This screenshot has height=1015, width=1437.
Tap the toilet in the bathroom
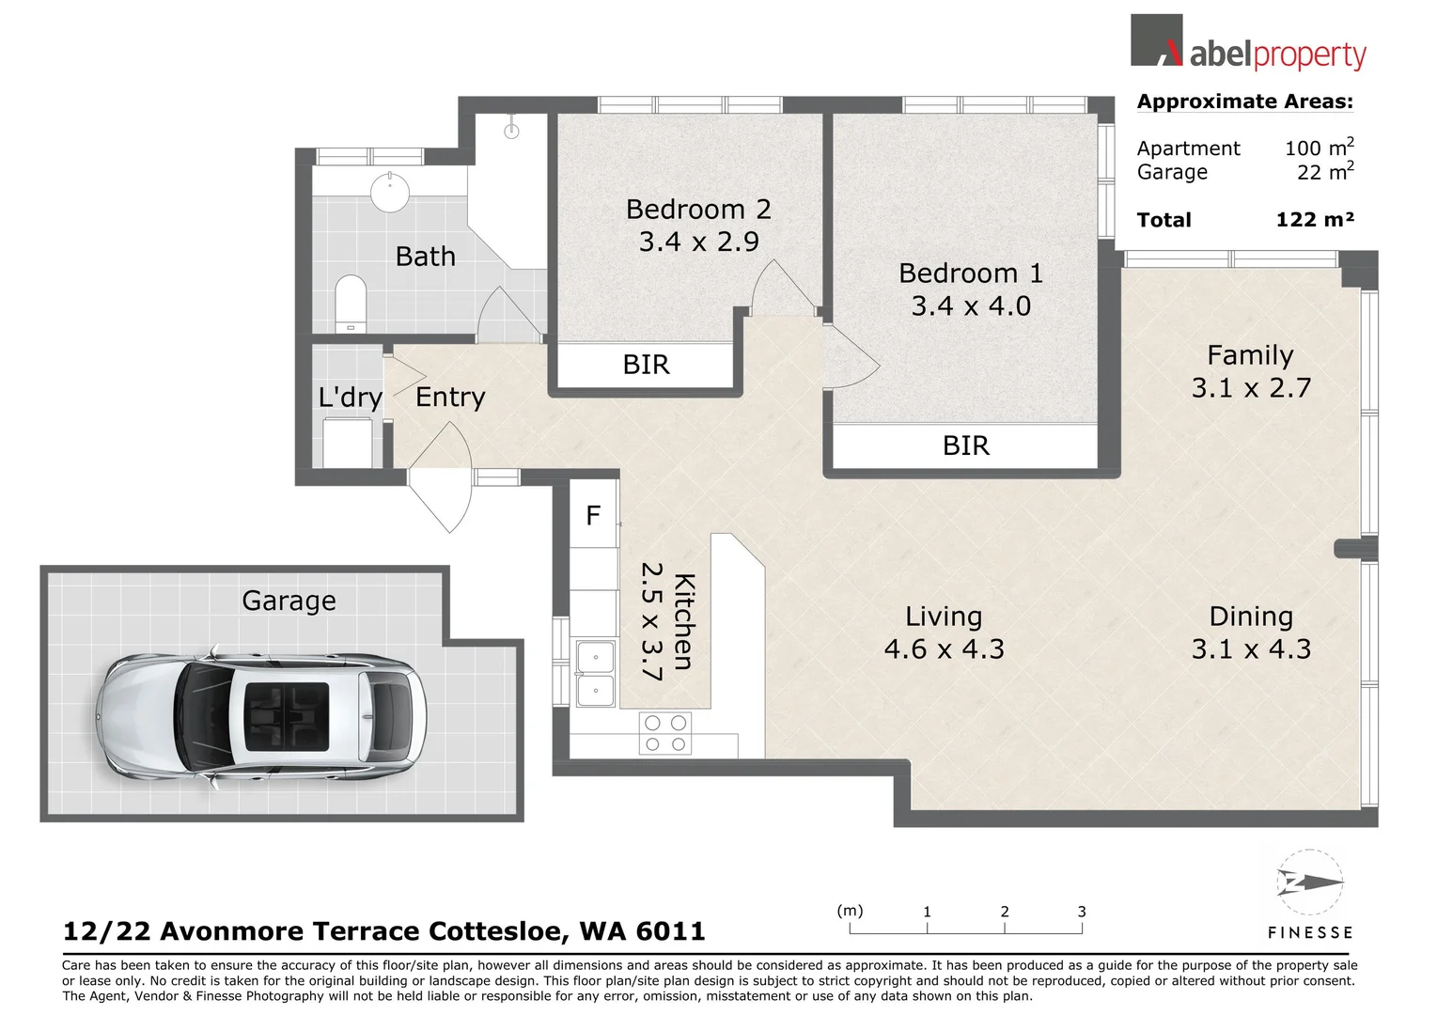pyautogui.click(x=351, y=302)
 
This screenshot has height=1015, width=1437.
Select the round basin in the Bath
pyautogui.click(x=390, y=193)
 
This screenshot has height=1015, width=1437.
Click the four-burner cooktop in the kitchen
pyautogui.click(x=665, y=734)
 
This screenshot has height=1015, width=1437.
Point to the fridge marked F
pyautogui.click(x=593, y=515)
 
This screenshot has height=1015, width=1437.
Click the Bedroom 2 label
pyautogui.click(x=698, y=209)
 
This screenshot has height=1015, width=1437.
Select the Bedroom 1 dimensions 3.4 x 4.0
pyautogui.click(x=971, y=306)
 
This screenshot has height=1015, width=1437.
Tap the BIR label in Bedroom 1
pyautogui.click(x=966, y=445)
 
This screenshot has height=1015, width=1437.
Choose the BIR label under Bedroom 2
pyautogui.click(x=646, y=365)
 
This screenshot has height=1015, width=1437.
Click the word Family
pyautogui.click(x=1250, y=355)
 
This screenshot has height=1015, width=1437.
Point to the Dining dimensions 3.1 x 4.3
pyautogui.click(x=1251, y=649)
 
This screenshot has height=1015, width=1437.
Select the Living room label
pyautogui.click(x=944, y=617)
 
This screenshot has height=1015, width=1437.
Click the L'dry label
pyautogui.click(x=351, y=398)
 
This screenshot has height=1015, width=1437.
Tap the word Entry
pyautogui.click(x=450, y=398)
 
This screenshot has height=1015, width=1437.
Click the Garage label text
pyautogui.click(x=289, y=601)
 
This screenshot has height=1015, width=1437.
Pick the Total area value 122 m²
pyautogui.click(x=1314, y=220)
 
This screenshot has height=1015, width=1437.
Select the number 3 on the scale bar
pyautogui.click(x=1082, y=912)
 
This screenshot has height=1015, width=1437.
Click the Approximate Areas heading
pyautogui.click(x=1244, y=101)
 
